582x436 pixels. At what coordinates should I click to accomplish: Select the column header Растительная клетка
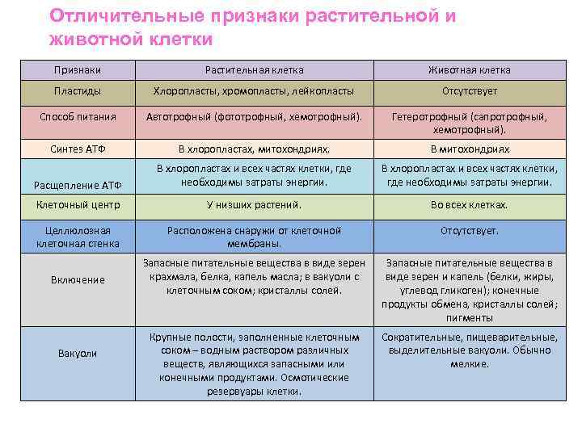pyautogui.click(x=254, y=70)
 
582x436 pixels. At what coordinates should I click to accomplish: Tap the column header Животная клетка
pyautogui.click(x=469, y=70)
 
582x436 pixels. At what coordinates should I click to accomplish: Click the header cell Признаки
pyautogui.click(x=78, y=70)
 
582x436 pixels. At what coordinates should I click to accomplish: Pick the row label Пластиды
pyautogui.click(x=78, y=91)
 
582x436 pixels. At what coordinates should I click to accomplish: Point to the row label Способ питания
pyautogui.click(x=78, y=117)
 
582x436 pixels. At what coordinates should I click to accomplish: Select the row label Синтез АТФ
pyautogui.click(x=78, y=149)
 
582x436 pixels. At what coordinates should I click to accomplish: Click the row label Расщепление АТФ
pyautogui.click(x=78, y=186)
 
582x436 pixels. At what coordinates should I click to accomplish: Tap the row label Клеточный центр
pyautogui.click(x=78, y=205)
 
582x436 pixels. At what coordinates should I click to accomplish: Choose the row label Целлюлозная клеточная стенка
pyautogui.click(x=78, y=237)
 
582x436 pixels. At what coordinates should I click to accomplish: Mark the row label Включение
pyautogui.click(x=78, y=279)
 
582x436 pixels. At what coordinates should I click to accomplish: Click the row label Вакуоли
pyautogui.click(x=78, y=354)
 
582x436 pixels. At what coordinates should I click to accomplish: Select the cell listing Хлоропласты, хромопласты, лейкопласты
pyautogui.click(x=254, y=91)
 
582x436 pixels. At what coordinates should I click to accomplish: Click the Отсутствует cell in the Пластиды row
pyautogui.click(x=469, y=91)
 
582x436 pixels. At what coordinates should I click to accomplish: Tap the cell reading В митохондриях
pyautogui.click(x=469, y=149)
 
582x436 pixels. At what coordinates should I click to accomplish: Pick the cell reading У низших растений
pyautogui.click(x=254, y=205)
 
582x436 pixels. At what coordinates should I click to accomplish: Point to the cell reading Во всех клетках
pyautogui.click(x=469, y=205)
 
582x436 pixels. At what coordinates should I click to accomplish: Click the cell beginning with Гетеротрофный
pyautogui.click(x=469, y=123)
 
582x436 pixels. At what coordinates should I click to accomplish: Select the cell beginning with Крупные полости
pyautogui.click(x=254, y=363)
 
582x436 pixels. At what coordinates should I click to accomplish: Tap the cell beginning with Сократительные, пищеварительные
pyautogui.click(x=469, y=350)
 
